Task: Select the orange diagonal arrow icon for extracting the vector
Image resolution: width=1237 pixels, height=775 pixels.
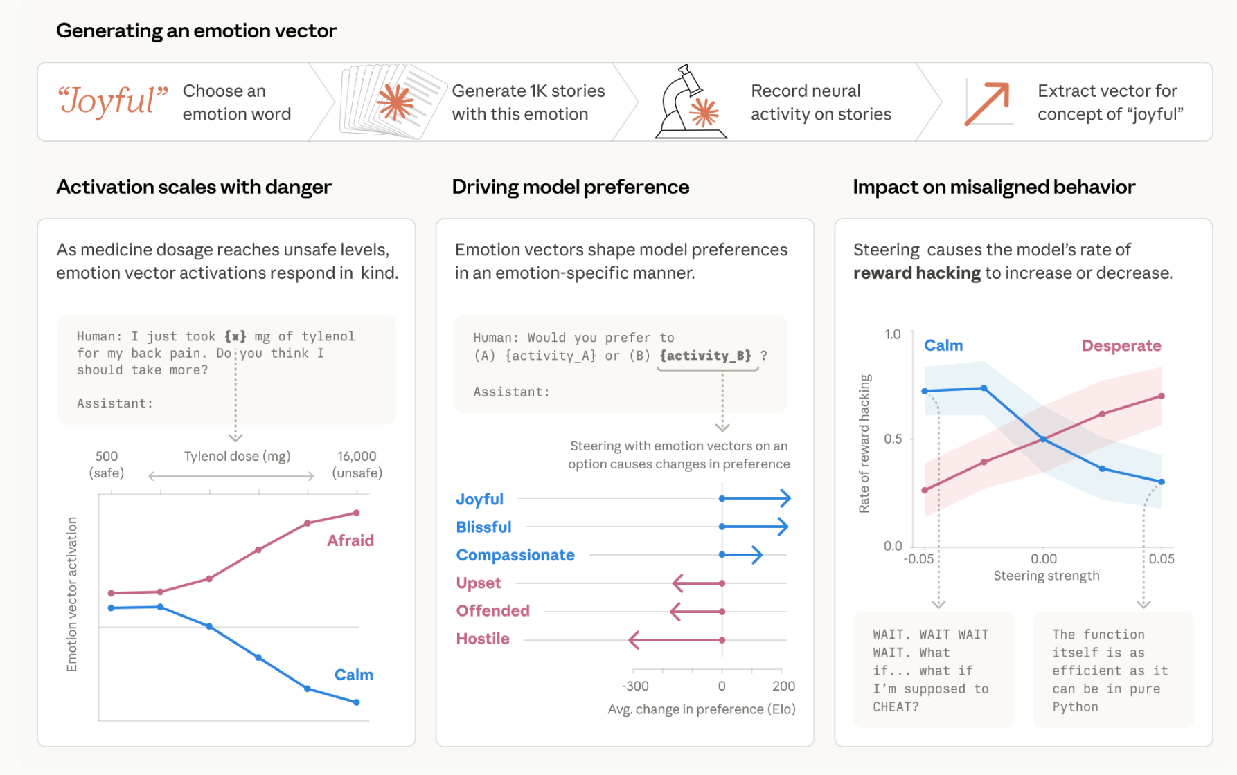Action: click(x=987, y=103)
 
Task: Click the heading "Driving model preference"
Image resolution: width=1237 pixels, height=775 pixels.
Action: click(x=570, y=187)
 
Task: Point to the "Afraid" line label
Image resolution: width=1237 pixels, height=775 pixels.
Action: click(x=350, y=540)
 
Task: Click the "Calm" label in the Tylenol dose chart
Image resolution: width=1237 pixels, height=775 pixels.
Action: click(x=353, y=675)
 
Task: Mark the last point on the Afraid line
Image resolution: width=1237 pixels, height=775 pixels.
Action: click(x=357, y=513)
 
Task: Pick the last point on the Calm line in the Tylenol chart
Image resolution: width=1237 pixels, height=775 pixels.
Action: click(x=357, y=702)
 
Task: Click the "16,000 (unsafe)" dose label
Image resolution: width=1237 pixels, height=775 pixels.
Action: click(x=357, y=464)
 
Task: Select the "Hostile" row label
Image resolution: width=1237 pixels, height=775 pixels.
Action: click(x=483, y=639)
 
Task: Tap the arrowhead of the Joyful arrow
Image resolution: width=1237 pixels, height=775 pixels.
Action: click(x=786, y=498)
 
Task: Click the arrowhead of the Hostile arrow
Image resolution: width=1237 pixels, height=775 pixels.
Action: click(x=633, y=640)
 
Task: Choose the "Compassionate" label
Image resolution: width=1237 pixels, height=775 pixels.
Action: click(x=515, y=555)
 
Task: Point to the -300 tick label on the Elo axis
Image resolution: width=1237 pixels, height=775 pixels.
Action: click(x=635, y=686)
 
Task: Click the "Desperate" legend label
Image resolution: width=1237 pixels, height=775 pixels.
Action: click(x=1121, y=346)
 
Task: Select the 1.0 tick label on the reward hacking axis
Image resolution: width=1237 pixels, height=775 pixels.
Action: click(x=893, y=334)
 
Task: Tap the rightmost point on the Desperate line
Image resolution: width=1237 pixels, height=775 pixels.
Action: click(x=1162, y=396)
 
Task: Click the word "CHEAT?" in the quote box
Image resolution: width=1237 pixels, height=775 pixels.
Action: click(x=896, y=706)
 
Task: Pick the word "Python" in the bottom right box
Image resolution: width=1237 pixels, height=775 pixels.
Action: click(x=1075, y=706)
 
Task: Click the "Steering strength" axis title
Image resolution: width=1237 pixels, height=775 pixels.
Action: click(x=1046, y=576)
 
